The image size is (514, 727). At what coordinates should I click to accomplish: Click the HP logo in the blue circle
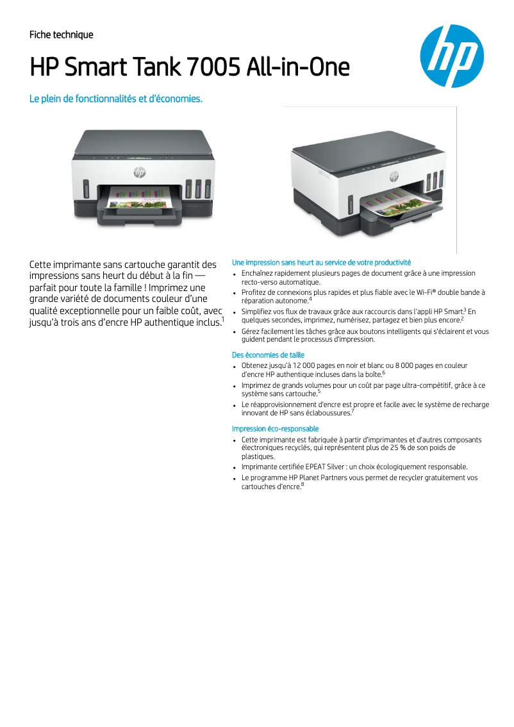click(x=452, y=56)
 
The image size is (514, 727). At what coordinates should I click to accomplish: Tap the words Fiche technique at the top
click(x=62, y=35)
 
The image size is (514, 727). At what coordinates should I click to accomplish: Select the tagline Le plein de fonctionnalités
click(x=116, y=99)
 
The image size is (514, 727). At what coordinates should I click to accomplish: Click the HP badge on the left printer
click(x=139, y=172)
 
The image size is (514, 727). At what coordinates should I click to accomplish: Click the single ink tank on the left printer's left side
click(x=86, y=189)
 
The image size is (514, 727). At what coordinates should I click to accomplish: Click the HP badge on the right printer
click(x=394, y=176)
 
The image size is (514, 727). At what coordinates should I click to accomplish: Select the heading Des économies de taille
click(x=268, y=355)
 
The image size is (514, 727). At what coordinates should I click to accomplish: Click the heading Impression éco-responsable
click(x=275, y=429)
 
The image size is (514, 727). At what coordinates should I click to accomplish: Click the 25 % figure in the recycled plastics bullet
click(x=401, y=448)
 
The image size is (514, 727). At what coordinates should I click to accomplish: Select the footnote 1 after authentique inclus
click(x=222, y=319)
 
